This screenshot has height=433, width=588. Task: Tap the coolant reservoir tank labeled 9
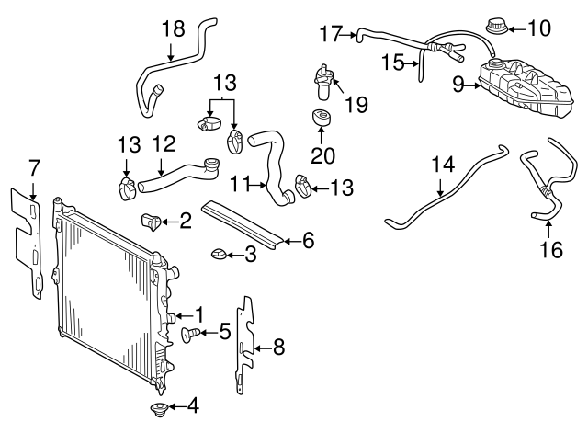click(x=523, y=82)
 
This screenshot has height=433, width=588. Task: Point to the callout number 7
click(x=34, y=168)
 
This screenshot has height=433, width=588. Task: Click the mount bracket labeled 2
click(x=153, y=221)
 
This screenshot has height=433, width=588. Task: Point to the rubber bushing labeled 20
click(x=321, y=120)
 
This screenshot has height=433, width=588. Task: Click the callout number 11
click(x=240, y=184)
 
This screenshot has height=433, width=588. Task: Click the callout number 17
click(x=330, y=35)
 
